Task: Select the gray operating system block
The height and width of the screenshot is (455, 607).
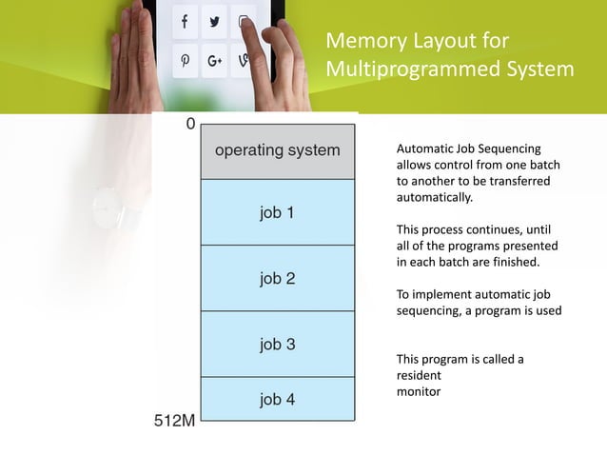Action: (277, 150)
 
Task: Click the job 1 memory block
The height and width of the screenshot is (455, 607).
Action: (277, 212)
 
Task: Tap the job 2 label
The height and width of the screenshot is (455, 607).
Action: (277, 279)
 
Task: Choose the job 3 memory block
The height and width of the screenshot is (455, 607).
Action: (277, 345)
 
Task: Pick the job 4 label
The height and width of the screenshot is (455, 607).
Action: (277, 400)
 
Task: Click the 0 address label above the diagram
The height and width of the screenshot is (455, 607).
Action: (190, 125)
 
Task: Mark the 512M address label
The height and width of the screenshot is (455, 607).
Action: (175, 420)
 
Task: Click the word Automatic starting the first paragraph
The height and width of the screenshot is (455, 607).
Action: (424, 149)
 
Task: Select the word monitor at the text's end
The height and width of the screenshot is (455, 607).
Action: (419, 391)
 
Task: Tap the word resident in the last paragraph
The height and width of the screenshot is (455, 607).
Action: (419, 376)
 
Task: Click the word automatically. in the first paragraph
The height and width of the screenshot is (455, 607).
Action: (434, 198)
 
